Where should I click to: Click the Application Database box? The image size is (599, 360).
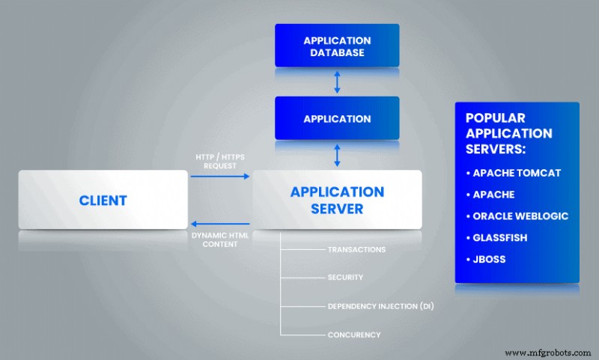tap(337, 46)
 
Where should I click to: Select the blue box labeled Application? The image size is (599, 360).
tap(337, 118)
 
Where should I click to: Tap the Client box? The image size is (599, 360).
tap(103, 200)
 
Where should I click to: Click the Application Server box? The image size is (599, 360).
tap(337, 199)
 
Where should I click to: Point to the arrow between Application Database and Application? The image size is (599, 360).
tap(337, 81)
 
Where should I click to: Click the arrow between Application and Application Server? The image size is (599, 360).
tap(337, 155)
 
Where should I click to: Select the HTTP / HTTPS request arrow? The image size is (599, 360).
tap(219, 177)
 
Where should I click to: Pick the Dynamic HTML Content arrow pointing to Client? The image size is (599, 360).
tap(219, 223)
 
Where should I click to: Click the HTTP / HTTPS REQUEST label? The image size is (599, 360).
tap(219, 161)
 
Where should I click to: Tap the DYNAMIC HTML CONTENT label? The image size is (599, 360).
tap(219, 240)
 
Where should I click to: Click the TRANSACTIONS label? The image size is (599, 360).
tap(356, 249)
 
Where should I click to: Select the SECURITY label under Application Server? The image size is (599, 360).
tap(345, 277)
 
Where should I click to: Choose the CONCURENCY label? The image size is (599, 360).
tap(354, 335)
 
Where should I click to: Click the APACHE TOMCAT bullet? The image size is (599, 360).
tap(513, 173)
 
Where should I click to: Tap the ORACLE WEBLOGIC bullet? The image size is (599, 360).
tap(517, 216)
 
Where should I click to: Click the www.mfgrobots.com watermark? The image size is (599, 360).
tap(549, 353)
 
